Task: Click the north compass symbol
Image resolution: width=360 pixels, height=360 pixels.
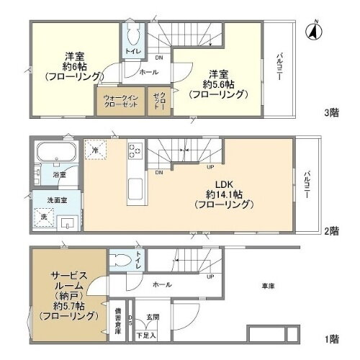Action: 311,31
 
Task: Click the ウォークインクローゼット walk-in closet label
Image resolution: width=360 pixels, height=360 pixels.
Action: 120,101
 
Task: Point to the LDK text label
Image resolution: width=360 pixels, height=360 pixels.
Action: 222,181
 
